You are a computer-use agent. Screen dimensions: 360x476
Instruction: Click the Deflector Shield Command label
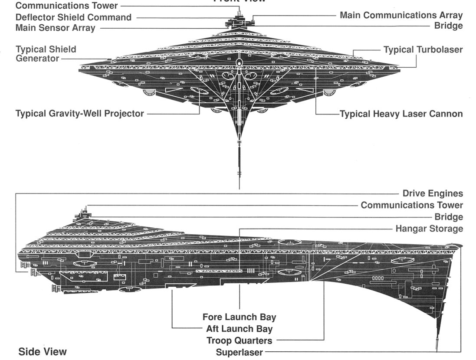pos(73,17)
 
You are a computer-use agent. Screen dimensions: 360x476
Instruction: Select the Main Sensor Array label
pos(55,28)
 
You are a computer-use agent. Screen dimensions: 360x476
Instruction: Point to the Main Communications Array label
pos(401,15)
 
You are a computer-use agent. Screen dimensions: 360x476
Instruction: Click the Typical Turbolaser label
pos(423,49)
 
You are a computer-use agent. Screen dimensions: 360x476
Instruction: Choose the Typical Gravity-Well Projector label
pos(79,114)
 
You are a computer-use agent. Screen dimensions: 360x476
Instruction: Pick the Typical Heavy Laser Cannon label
pos(401,114)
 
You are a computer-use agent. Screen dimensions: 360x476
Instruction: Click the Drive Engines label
pos(432,193)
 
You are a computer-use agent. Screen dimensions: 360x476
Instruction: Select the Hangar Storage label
pos(429,228)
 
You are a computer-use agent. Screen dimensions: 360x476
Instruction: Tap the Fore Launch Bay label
pos(239,317)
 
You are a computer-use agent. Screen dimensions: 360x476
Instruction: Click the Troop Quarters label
pos(239,340)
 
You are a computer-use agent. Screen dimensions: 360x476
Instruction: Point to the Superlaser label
pos(239,352)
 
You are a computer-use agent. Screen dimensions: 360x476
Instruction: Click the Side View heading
pos(43,351)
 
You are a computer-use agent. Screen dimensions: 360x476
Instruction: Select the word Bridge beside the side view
pos(448,217)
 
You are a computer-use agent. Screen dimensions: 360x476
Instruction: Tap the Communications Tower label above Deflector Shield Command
pos(66,6)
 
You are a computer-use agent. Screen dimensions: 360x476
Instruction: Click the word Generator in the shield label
pos(37,58)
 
